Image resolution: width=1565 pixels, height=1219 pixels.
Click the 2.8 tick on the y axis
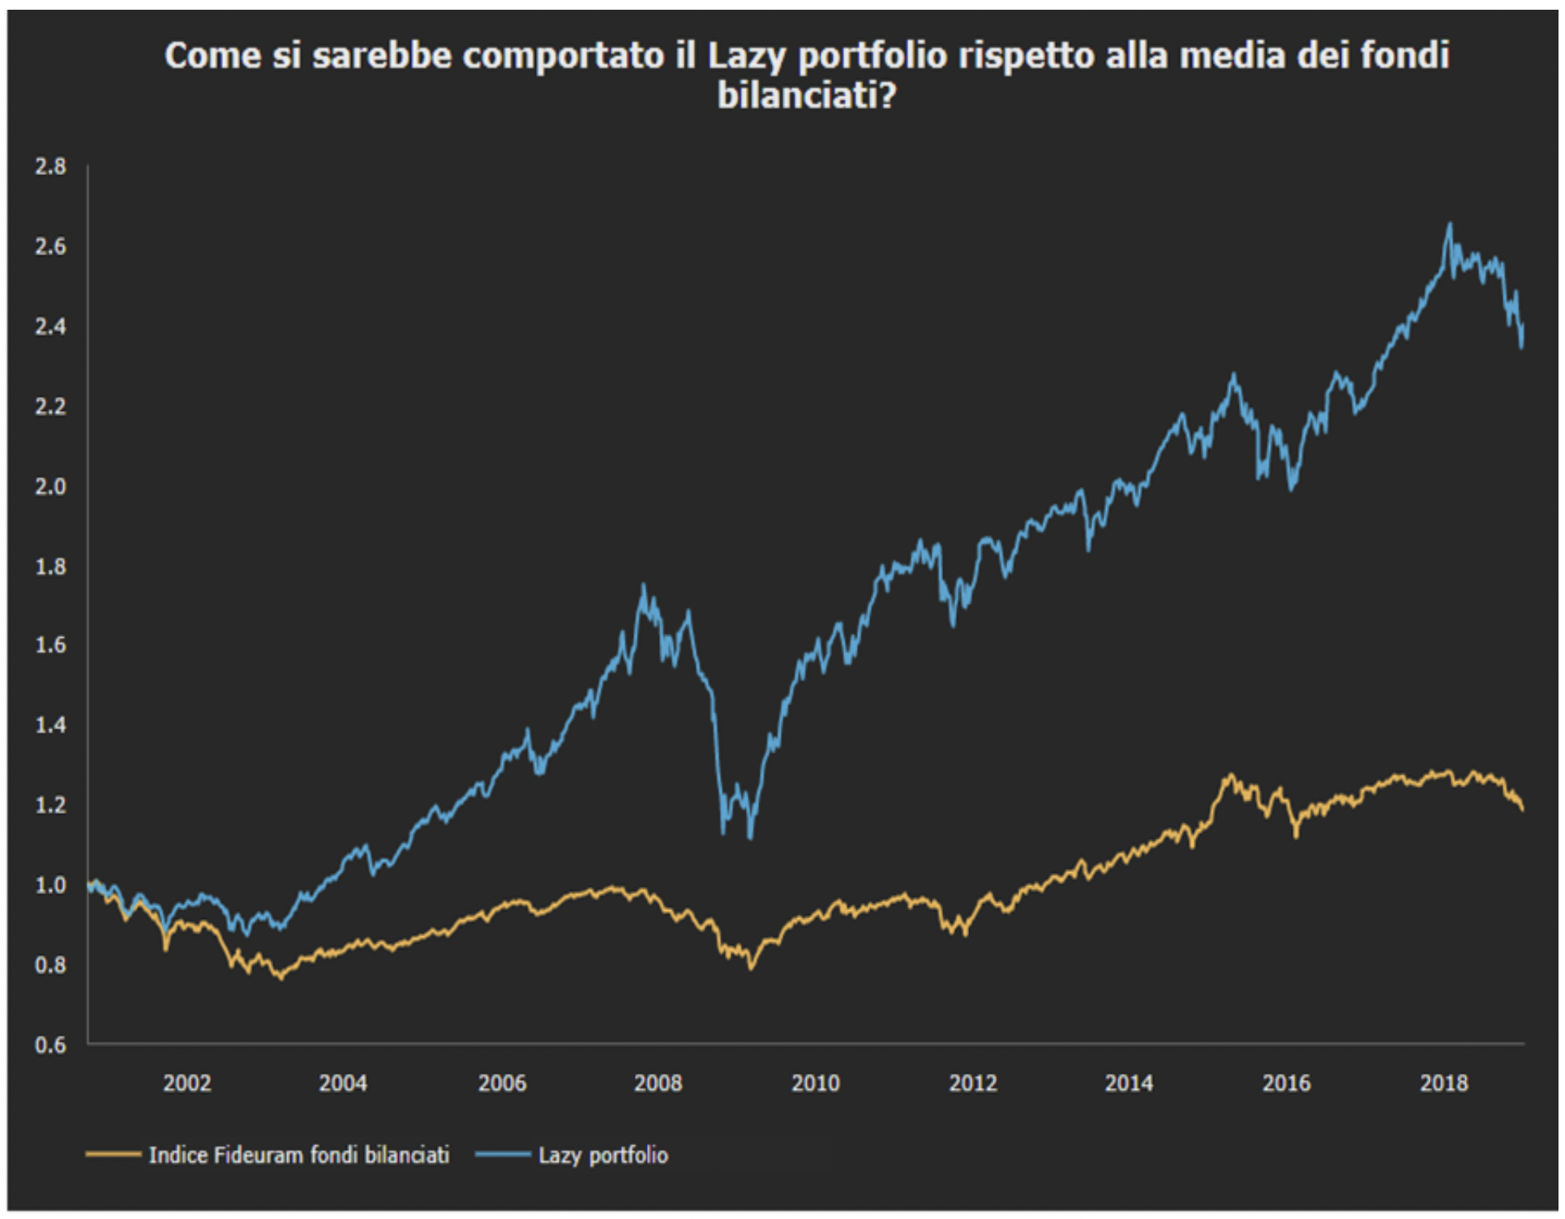(x=50, y=167)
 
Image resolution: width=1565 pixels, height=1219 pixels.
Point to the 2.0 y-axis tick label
(x=50, y=486)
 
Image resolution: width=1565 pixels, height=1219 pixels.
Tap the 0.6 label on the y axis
(x=50, y=1045)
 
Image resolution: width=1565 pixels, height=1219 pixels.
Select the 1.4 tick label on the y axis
(x=50, y=725)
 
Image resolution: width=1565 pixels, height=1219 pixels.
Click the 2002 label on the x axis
(x=187, y=1084)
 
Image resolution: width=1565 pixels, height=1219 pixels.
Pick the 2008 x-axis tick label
(x=658, y=1084)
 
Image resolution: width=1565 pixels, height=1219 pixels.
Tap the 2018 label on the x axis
(x=1443, y=1084)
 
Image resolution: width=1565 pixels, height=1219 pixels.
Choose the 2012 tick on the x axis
(x=972, y=1084)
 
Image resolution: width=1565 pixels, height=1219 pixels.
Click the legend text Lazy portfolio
(x=603, y=1155)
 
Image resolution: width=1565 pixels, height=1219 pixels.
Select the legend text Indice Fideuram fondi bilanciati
(x=298, y=1155)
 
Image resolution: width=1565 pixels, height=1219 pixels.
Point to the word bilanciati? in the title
(x=807, y=96)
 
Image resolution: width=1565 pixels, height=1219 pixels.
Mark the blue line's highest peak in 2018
(x=1450, y=225)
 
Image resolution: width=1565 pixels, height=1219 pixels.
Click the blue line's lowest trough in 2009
(x=750, y=837)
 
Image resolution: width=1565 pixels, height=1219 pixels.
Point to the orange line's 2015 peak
(x=1230, y=776)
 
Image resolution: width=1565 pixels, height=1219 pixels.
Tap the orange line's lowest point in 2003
(x=281, y=979)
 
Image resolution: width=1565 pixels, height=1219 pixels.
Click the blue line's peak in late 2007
(x=644, y=585)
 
